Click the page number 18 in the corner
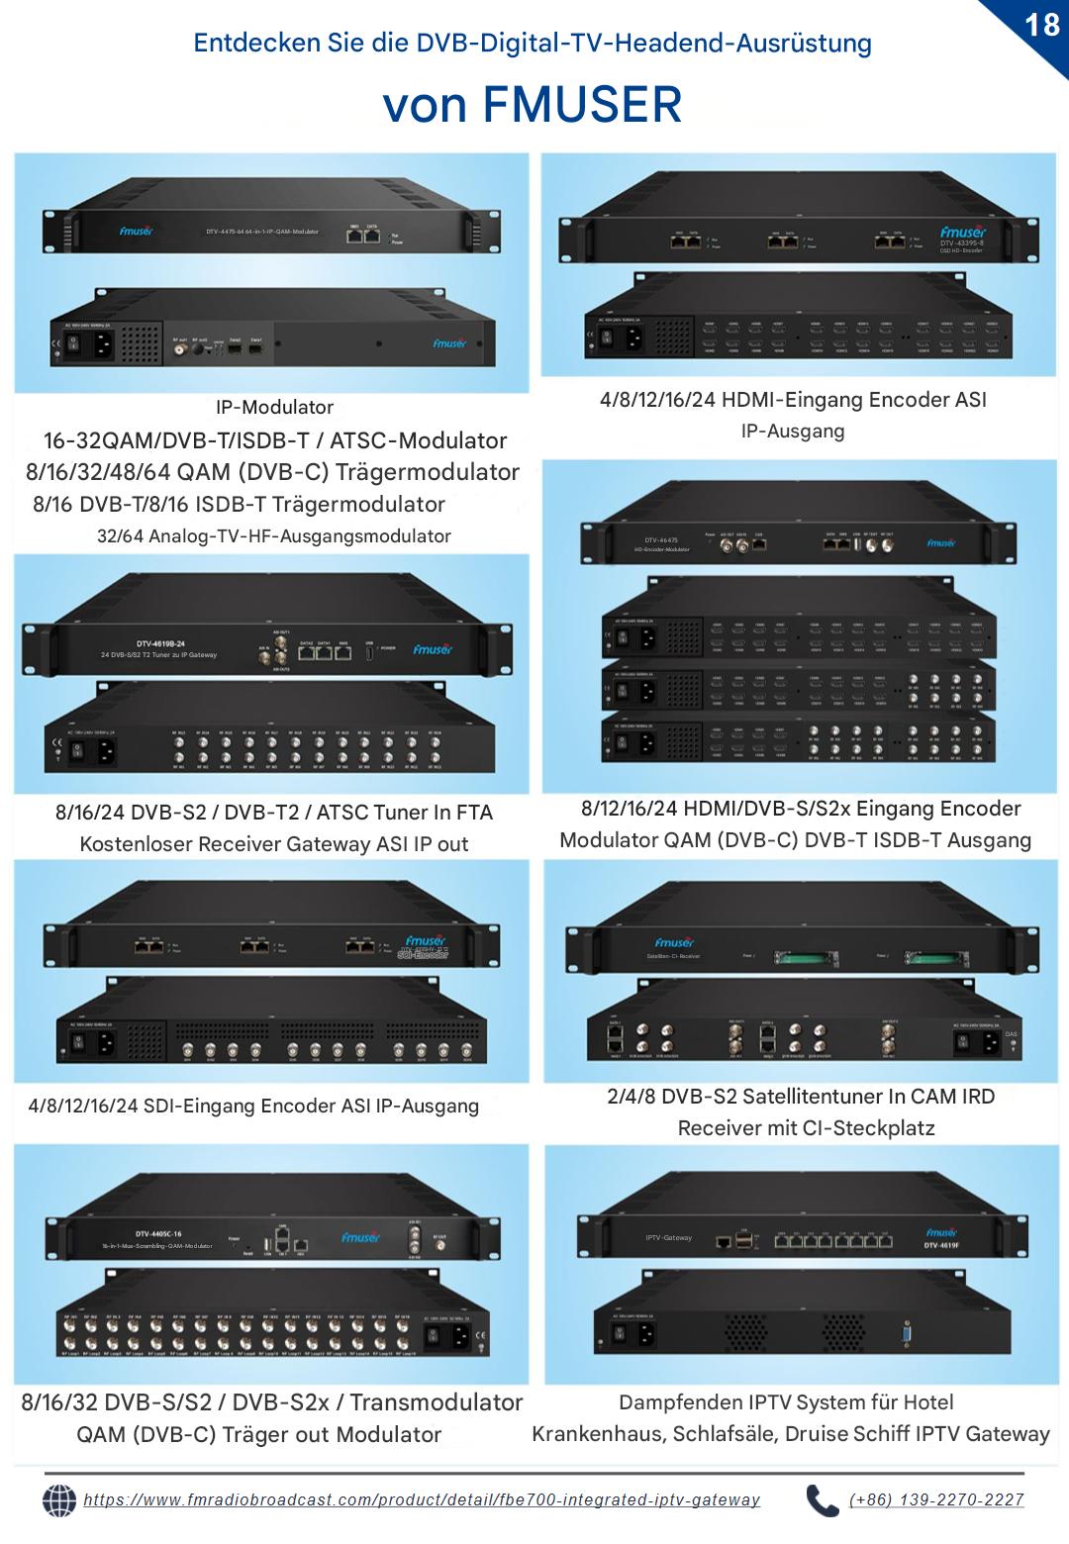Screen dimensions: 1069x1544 pos(1042,24)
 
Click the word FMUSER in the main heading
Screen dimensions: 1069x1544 pos(583,104)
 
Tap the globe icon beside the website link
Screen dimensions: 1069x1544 pos(59,1500)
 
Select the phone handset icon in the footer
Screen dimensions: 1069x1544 pos(822,1500)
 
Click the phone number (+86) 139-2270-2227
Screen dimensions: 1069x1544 pos(936,1500)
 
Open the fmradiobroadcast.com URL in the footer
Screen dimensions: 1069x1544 pos(422,1500)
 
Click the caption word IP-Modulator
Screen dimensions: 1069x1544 pos(274,407)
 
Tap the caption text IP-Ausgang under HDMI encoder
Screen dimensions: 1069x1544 pos(793,432)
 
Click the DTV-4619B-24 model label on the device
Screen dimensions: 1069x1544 pos(160,644)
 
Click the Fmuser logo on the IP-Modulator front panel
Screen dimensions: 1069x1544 pos(136,232)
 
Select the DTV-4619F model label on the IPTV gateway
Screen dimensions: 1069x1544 pos(941,1246)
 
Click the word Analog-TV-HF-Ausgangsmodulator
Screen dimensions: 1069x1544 pos(299,536)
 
